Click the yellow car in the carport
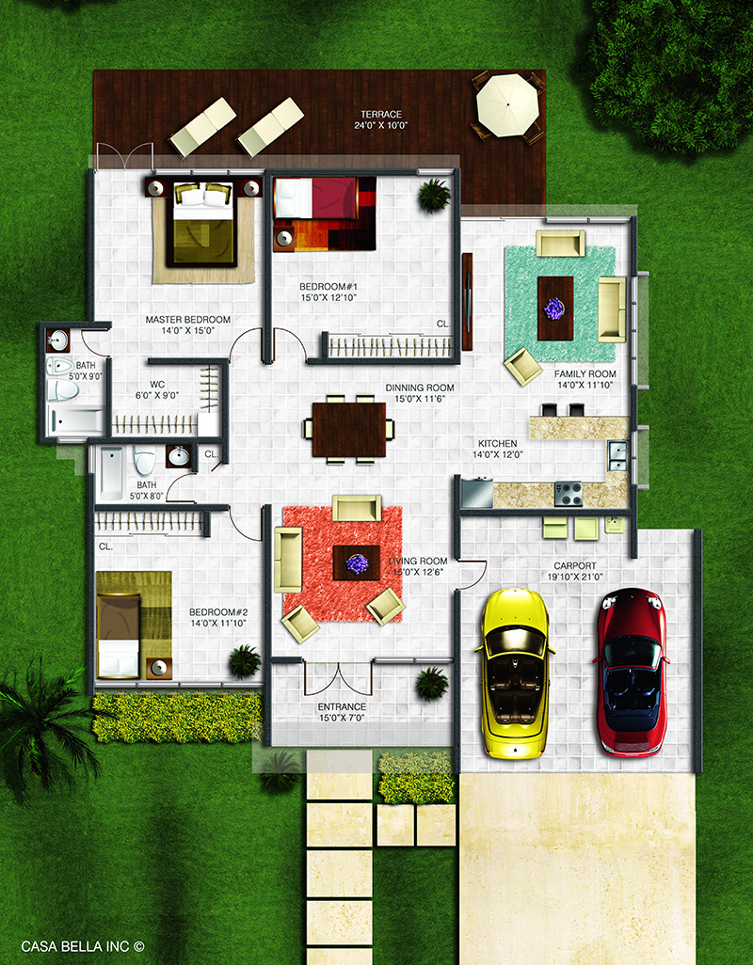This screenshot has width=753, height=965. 514,672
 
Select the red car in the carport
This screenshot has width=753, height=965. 632,672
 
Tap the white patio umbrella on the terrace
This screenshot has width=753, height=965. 507,104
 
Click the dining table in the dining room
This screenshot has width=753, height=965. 349,430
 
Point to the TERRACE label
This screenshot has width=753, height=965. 381,114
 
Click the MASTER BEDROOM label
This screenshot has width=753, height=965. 188,320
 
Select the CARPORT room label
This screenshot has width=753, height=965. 574,565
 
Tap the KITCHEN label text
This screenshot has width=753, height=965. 498,443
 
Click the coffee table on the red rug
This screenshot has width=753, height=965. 357,562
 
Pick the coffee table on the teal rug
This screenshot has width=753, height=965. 555,308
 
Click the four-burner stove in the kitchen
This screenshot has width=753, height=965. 569,494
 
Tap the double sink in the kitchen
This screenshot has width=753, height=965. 617,456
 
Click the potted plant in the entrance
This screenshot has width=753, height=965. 431,684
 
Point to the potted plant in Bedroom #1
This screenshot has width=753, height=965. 434,195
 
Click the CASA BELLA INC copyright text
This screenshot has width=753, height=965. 83,946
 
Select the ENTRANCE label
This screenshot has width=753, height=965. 342,706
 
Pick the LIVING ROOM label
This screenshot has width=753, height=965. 417,561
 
